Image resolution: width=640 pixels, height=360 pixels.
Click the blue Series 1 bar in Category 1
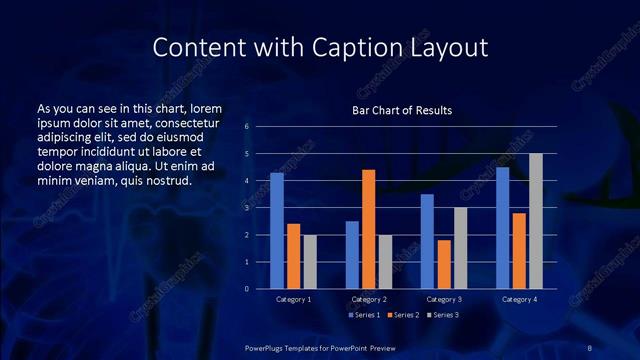point(277,231)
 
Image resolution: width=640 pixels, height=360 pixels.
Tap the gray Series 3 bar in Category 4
point(535,221)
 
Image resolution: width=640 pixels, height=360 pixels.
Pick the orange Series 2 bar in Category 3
point(443,264)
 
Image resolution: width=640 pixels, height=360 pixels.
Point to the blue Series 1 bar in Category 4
point(502,228)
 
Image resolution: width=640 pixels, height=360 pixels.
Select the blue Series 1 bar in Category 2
point(352,255)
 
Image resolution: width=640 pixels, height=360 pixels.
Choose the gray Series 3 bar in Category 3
point(459,248)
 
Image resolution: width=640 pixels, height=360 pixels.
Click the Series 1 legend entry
point(365,316)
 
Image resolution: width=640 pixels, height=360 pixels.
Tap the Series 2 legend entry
point(404,316)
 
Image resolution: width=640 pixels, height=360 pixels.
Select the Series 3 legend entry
point(443,316)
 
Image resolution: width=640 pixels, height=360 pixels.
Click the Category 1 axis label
point(293,300)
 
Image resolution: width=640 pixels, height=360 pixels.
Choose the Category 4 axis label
point(519,300)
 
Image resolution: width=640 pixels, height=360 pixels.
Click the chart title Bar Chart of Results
point(402,110)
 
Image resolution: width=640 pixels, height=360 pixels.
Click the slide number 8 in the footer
point(590,347)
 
